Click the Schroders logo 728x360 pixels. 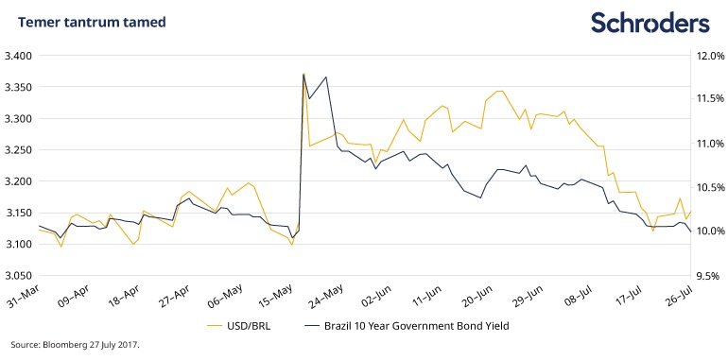coord(650,23)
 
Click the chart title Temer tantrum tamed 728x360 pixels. coord(92,22)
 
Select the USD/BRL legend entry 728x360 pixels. coord(238,326)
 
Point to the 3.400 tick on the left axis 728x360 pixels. coord(17,56)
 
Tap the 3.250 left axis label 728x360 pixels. coord(17,150)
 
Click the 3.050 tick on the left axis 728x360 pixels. coord(17,276)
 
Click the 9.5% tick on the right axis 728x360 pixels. coord(711,276)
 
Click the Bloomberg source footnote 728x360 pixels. coord(76,345)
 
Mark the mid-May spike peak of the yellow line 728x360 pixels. coord(303,74)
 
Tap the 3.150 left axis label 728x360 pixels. coord(17,214)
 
